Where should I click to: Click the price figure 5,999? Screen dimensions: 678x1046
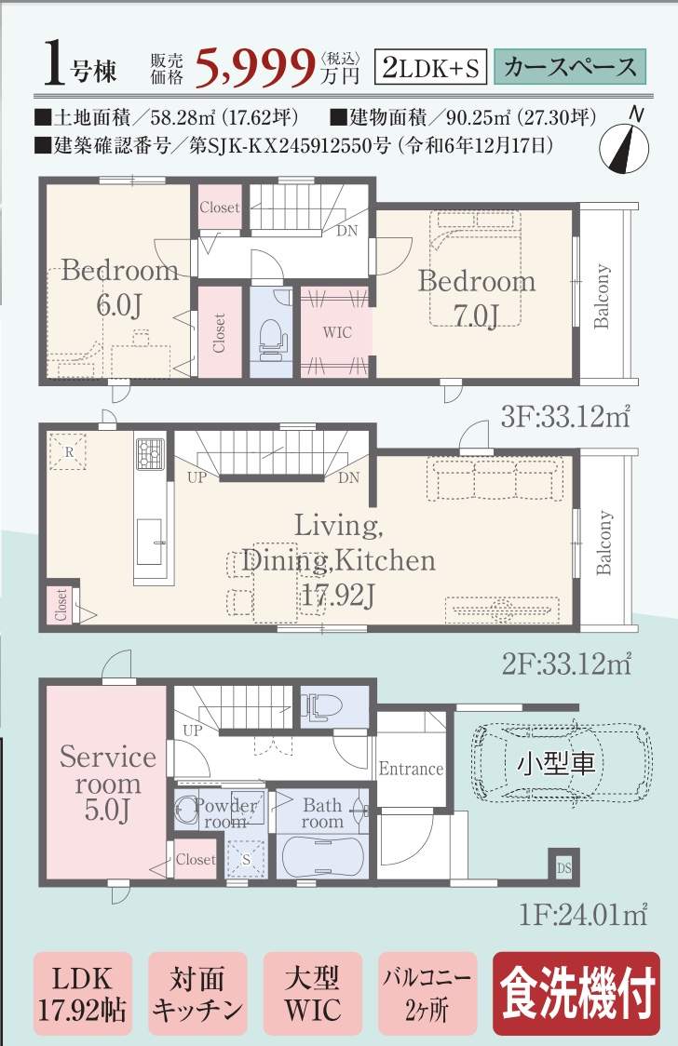(x=254, y=67)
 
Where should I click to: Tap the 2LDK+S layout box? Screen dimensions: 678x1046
(x=430, y=67)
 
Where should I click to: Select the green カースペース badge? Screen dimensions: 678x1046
(x=570, y=67)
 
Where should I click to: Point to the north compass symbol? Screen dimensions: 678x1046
(x=625, y=142)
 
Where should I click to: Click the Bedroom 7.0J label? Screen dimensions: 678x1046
(x=477, y=297)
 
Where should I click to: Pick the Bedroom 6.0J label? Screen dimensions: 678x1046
(x=120, y=287)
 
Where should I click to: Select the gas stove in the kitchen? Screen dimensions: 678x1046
(x=150, y=453)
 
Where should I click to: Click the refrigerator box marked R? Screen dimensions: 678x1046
(x=68, y=451)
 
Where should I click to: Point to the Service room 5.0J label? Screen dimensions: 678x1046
(x=108, y=783)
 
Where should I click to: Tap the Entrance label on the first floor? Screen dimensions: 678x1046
(x=411, y=769)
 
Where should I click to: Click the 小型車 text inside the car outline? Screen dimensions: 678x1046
(x=556, y=762)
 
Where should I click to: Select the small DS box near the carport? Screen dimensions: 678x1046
(x=563, y=867)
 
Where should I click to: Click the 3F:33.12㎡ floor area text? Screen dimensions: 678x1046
(x=565, y=417)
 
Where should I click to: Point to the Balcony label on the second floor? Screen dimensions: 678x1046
(x=603, y=543)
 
